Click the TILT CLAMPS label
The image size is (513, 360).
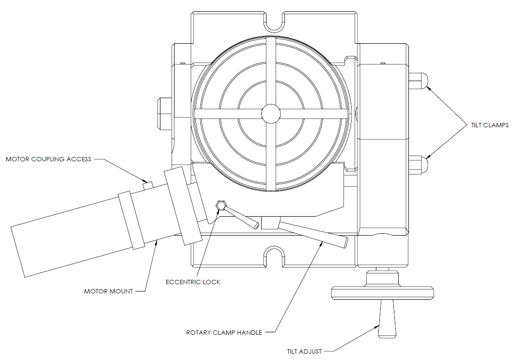[x=490, y=125]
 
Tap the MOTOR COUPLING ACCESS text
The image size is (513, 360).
[x=48, y=159]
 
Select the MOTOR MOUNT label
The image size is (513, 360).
[x=108, y=291]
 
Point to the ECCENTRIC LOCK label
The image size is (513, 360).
[x=193, y=282]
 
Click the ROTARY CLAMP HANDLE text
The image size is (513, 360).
[x=224, y=333]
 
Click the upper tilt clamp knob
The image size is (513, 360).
[x=419, y=81]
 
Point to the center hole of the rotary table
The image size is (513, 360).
[x=271, y=114]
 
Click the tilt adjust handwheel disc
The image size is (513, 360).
[x=381, y=293]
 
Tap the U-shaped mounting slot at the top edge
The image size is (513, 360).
[x=275, y=20]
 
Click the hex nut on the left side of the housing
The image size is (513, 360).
[x=163, y=111]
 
